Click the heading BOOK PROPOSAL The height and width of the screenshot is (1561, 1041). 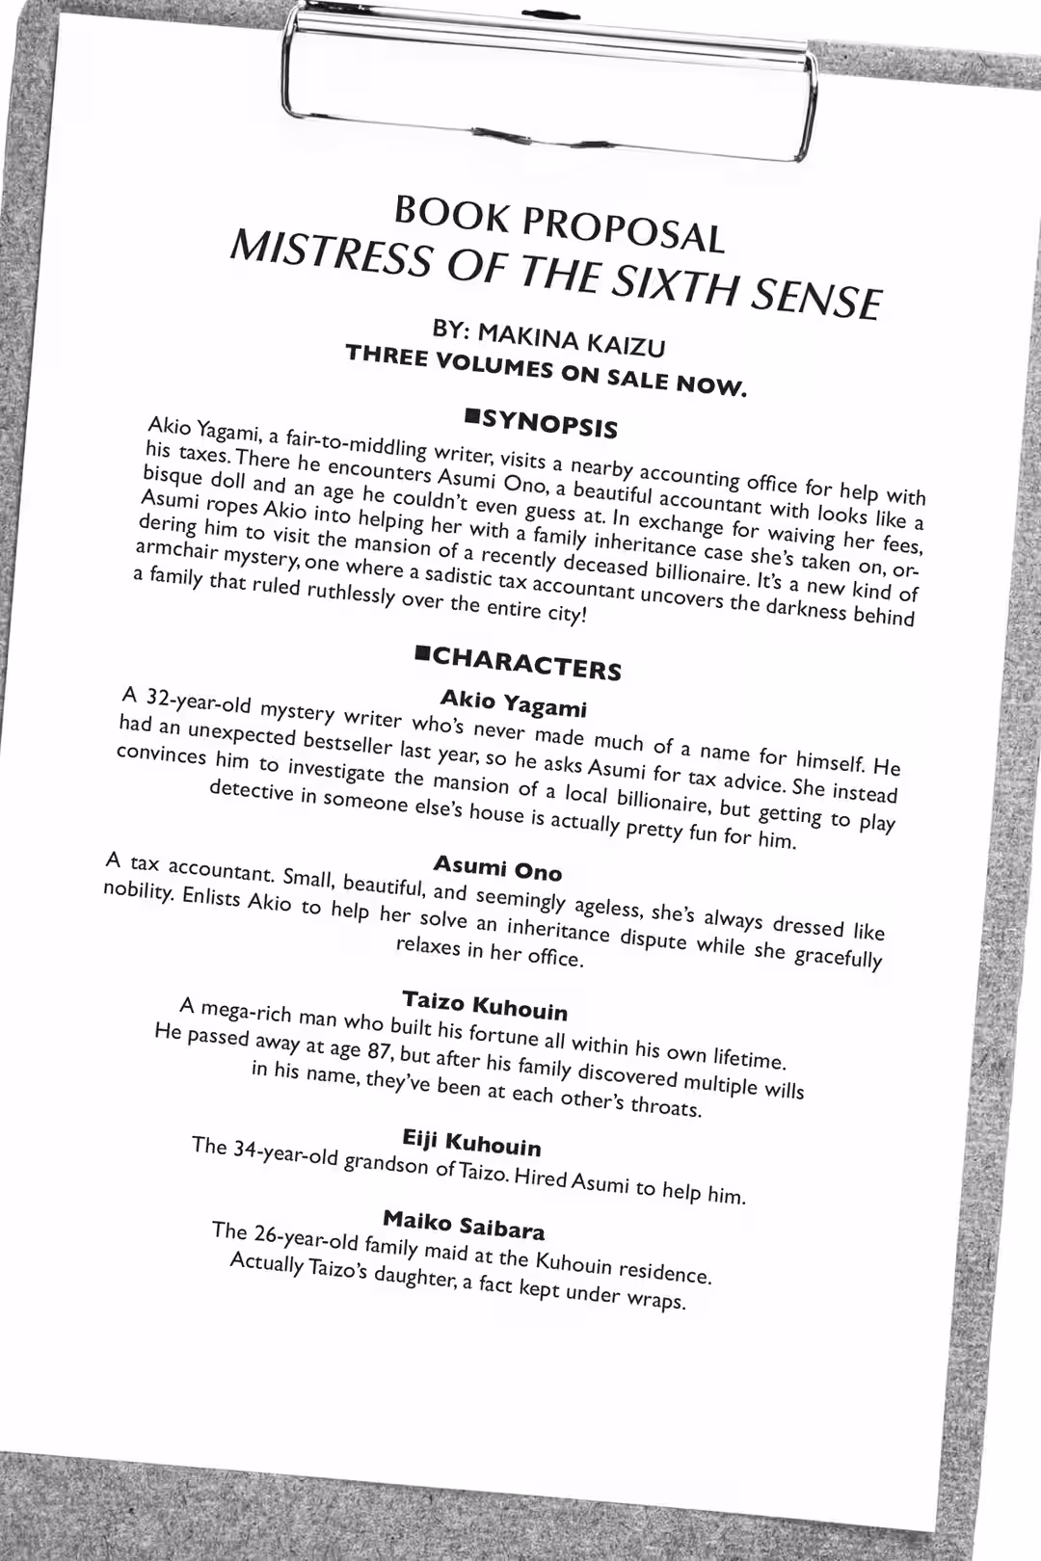[559, 224]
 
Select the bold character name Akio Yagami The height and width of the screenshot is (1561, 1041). [513, 702]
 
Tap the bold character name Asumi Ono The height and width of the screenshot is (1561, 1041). [497, 867]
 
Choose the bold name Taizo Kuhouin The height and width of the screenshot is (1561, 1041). [485, 1005]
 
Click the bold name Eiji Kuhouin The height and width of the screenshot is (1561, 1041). [471, 1143]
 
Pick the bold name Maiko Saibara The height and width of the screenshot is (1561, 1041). [464, 1225]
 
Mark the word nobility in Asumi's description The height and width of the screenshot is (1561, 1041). [137, 890]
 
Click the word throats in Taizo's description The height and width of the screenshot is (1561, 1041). [664, 1106]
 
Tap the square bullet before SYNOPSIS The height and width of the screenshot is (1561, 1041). [472, 415]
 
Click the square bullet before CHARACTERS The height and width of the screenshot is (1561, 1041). [422, 654]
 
